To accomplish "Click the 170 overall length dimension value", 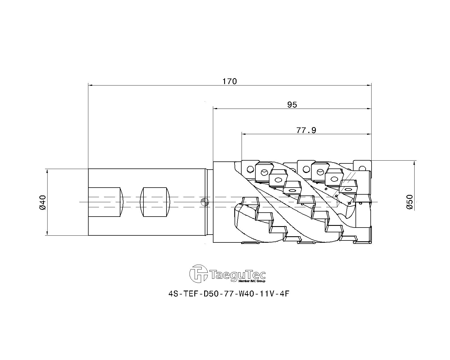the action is coord(229,81).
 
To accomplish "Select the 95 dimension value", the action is coord(292,105).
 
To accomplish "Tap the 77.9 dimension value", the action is coord(306,130).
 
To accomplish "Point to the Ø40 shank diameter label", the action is coord(42,202).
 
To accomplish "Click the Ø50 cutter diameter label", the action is coord(410,202).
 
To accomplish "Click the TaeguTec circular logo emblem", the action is coord(199,274).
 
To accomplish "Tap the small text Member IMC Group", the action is coord(252,281).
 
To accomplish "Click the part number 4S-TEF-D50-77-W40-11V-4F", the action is coord(229,294).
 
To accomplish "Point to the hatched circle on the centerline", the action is coord(204,202).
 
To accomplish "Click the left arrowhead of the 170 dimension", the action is coord(91,85).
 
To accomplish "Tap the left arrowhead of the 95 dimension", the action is coord(215,109).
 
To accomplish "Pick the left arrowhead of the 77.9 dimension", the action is coord(244,134).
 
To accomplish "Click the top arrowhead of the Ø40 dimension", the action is coord(47,171).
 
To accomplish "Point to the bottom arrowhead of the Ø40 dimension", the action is coord(47,233).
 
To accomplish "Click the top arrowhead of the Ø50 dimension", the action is coord(414,163).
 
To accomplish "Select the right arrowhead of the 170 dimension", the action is coord(369,85).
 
